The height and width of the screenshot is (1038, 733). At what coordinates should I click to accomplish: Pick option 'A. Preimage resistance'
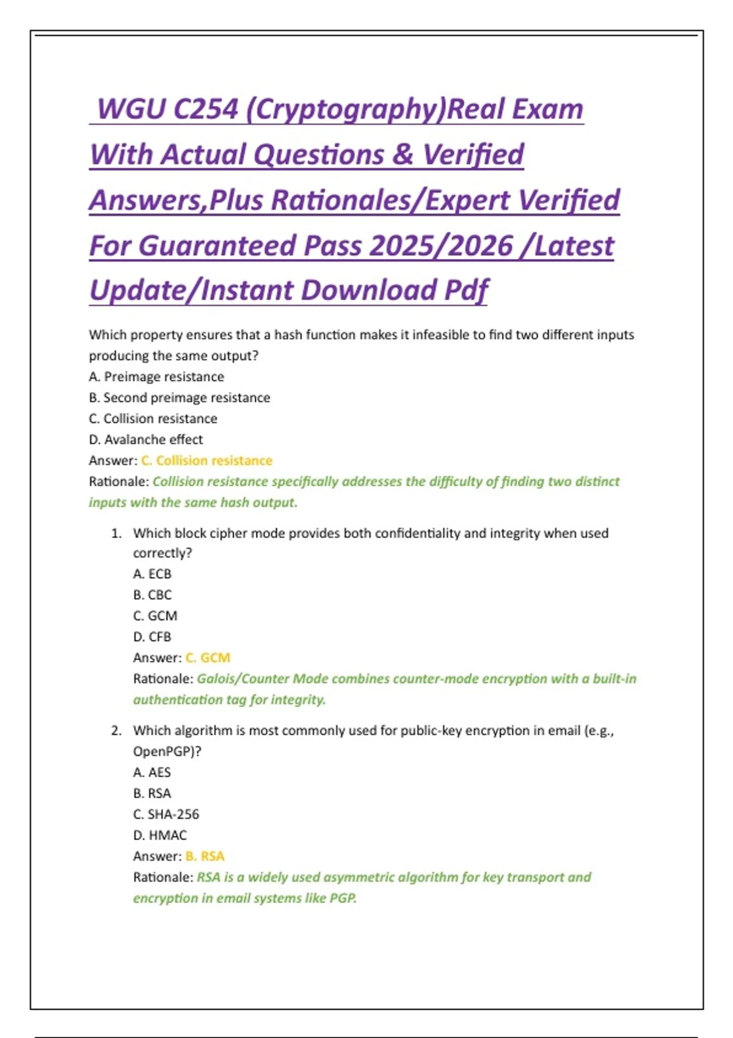156,377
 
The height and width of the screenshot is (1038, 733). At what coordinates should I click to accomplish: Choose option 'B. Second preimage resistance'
180,397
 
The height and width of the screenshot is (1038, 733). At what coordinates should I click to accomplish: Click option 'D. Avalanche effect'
146,440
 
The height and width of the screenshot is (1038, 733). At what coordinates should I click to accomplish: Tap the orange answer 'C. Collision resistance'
207,460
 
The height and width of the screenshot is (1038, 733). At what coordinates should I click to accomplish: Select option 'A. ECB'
153,574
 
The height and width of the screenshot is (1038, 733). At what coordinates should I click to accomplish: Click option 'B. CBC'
153,595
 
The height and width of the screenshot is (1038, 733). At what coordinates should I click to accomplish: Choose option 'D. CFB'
153,637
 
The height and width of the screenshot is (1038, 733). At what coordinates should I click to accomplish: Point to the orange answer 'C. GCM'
208,658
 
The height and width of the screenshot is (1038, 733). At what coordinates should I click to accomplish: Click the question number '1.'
116,533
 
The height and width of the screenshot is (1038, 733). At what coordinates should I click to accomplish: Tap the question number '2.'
116,731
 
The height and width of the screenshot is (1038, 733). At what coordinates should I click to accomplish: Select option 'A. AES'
152,772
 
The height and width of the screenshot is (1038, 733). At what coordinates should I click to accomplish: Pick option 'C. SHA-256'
166,814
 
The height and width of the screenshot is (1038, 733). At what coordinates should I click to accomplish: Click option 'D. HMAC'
160,835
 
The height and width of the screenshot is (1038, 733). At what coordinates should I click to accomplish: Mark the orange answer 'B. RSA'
205,856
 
